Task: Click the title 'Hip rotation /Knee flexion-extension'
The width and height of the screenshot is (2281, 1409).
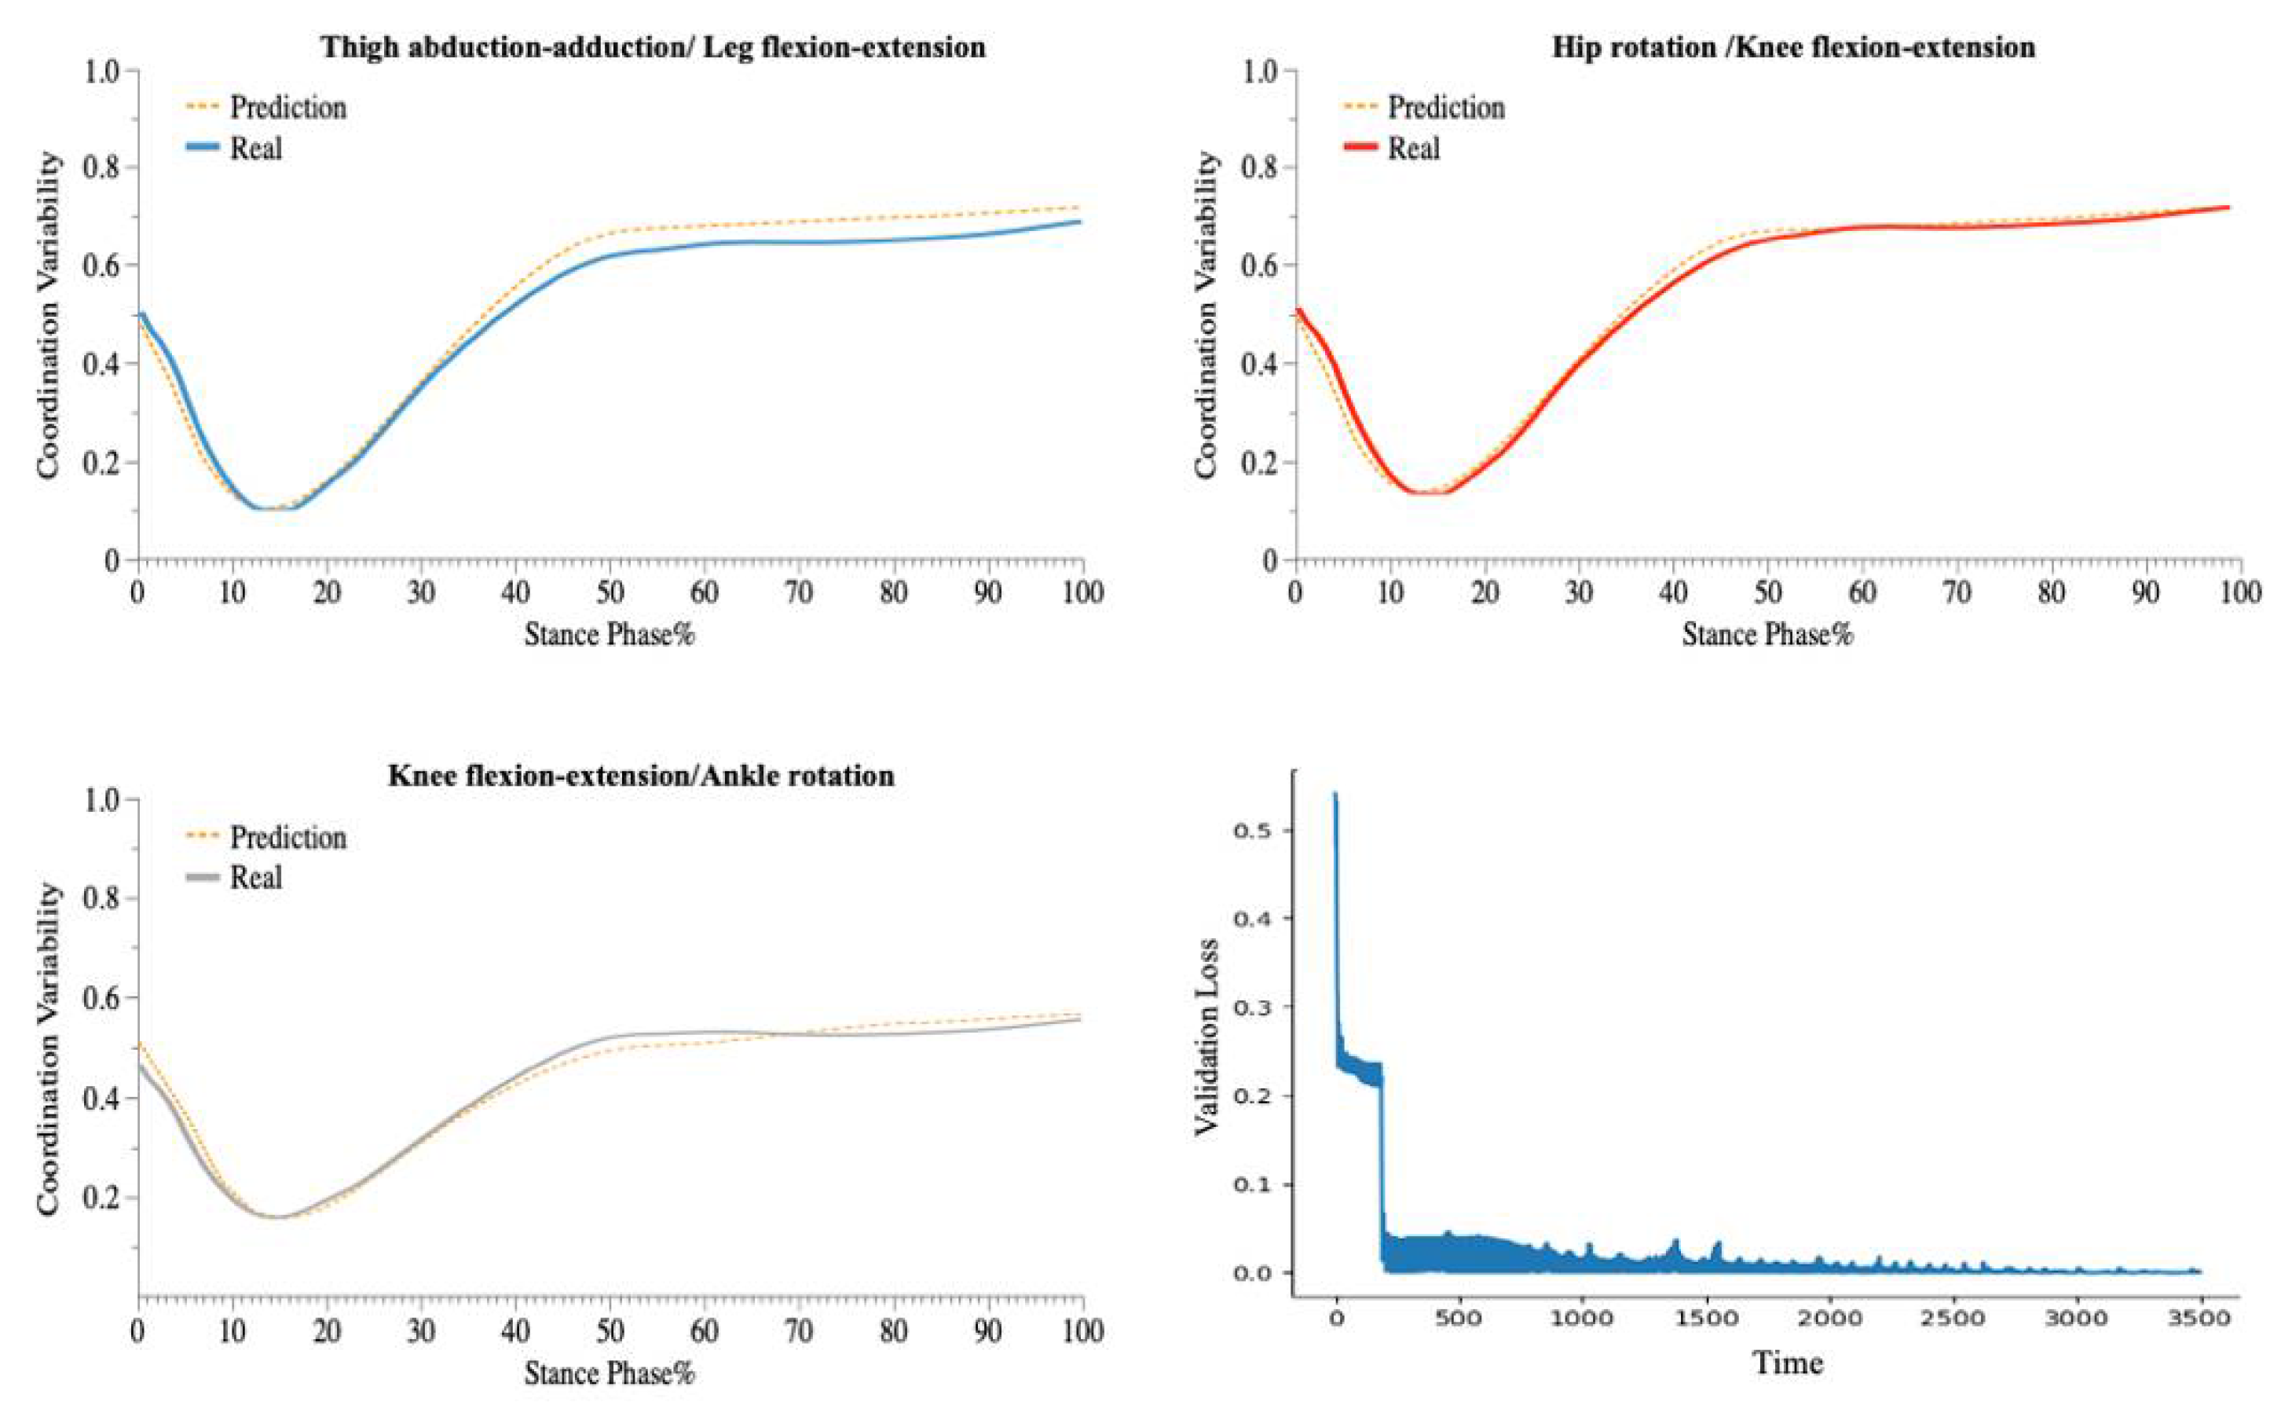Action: click(x=1793, y=46)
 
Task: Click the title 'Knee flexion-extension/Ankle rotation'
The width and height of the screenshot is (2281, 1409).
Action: click(x=641, y=776)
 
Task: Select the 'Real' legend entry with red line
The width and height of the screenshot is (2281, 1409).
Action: click(x=1413, y=149)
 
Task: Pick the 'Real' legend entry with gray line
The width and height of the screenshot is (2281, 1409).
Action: click(x=255, y=877)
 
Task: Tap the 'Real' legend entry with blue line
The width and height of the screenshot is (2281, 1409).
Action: click(x=255, y=149)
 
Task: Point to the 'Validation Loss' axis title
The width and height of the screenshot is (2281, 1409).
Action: click(x=1207, y=1037)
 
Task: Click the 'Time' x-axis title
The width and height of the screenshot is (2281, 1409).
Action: click(x=1788, y=1363)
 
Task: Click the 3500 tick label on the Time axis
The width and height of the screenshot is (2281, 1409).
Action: click(x=2201, y=1319)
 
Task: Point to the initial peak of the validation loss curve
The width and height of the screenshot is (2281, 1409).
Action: click(x=1335, y=794)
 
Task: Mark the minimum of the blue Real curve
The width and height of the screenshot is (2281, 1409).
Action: click(x=270, y=508)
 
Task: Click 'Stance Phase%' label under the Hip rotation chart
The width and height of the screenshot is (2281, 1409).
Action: click(x=1767, y=635)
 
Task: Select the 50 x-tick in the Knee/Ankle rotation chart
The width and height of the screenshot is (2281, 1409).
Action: click(x=610, y=1330)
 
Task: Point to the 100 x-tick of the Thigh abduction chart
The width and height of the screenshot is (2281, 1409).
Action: click(x=1082, y=592)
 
